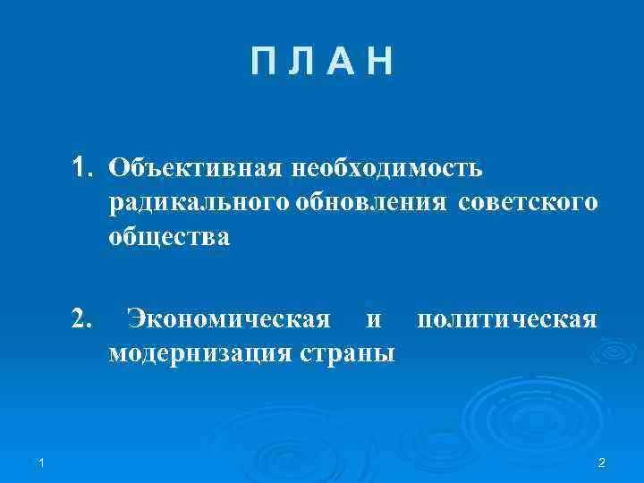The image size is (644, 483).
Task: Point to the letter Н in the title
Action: [x=379, y=64]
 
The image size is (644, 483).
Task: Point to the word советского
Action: [x=528, y=203]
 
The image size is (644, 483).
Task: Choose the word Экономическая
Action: [x=228, y=318]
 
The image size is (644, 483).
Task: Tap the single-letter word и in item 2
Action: [x=375, y=319]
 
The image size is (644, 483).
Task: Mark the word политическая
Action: [x=507, y=318]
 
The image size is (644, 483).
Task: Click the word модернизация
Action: [x=199, y=352]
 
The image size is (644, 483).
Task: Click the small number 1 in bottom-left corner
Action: [x=43, y=462]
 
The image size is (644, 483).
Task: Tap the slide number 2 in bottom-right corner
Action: [x=601, y=462]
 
